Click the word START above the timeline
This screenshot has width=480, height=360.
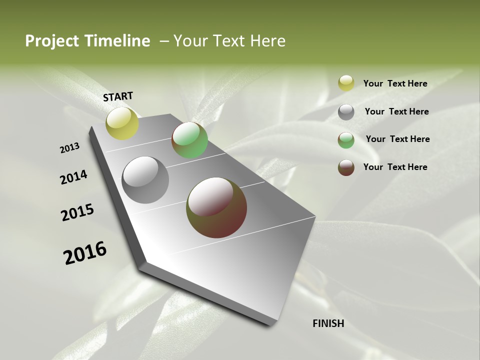point(118,96)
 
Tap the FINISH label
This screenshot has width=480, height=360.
point(328,323)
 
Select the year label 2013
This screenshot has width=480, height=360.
point(69,148)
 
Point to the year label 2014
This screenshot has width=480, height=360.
point(73,177)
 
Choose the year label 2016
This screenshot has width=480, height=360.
point(85,253)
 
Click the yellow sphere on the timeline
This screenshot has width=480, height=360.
point(122,123)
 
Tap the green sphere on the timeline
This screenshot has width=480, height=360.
point(189,140)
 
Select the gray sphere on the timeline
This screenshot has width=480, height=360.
point(145,180)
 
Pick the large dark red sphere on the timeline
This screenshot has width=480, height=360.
point(216,207)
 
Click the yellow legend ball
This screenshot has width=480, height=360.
point(346,83)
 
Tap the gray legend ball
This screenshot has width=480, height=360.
point(346,112)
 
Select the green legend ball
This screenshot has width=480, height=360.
point(346,140)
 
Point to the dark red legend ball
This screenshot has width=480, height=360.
point(346,167)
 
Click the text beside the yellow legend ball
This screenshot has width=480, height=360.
point(395,83)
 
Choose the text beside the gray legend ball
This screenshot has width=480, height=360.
point(396,111)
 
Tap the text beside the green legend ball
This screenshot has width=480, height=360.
point(397,139)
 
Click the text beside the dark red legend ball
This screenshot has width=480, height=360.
point(395,167)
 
